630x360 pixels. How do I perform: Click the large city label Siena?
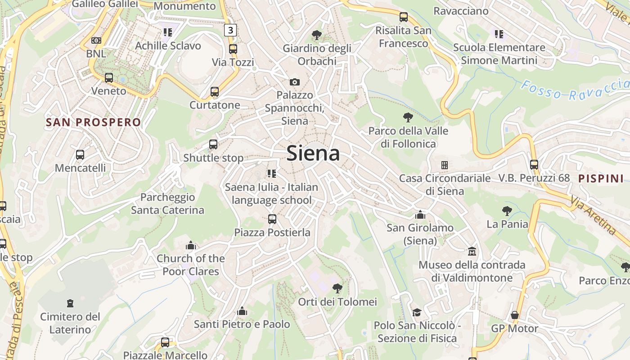pyautogui.click(x=313, y=153)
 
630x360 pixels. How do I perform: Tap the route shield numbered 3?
pyautogui.click(x=230, y=30)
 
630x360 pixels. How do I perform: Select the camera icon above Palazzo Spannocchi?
pyautogui.click(x=294, y=82)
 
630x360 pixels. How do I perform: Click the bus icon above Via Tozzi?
pyautogui.click(x=233, y=49)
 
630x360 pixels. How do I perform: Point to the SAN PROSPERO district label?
pyautogui.click(x=94, y=122)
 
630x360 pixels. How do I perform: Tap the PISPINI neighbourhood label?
pyautogui.click(x=601, y=178)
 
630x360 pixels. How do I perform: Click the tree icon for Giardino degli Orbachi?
pyautogui.click(x=317, y=35)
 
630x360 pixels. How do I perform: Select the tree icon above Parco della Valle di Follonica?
pyautogui.click(x=408, y=117)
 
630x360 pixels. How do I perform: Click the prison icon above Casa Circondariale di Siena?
pyautogui.click(x=445, y=165)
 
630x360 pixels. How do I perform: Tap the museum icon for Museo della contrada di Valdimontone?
pyautogui.click(x=472, y=251)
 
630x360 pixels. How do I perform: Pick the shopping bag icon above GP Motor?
pyautogui.click(x=515, y=315)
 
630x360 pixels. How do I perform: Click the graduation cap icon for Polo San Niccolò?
pyautogui.click(x=417, y=312)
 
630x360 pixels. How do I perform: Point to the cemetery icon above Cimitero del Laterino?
pyautogui.click(x=70, y=303)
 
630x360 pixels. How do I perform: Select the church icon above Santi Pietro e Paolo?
pyautogui.click(x=242, y=311)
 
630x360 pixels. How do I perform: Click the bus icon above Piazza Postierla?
pyautogui.click(x=272, y=219)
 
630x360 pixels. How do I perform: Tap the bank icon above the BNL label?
pyautogui.click(x=96, y=40)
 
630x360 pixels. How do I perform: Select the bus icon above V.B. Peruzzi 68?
pyautogui.click(x=534, y=165)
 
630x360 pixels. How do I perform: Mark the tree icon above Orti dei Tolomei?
pyautogui.click(x=337, y=288)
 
